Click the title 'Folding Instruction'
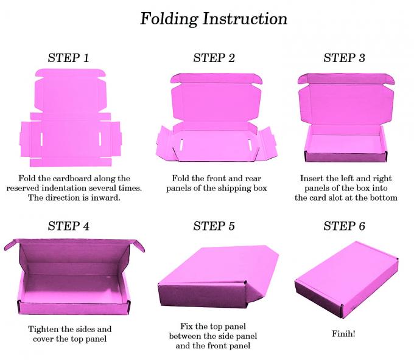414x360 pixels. pos(214,18)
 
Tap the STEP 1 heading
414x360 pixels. pos(68,58)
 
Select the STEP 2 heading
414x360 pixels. pos(214,58)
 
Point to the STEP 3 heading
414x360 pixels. pos(344,58)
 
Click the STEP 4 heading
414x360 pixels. pos(68,226)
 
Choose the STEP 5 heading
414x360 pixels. pos(214,226)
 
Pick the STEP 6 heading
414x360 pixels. pos(344,226)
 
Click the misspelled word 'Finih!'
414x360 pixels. pos(344,334)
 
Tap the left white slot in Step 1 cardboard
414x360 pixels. pos(41,139)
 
